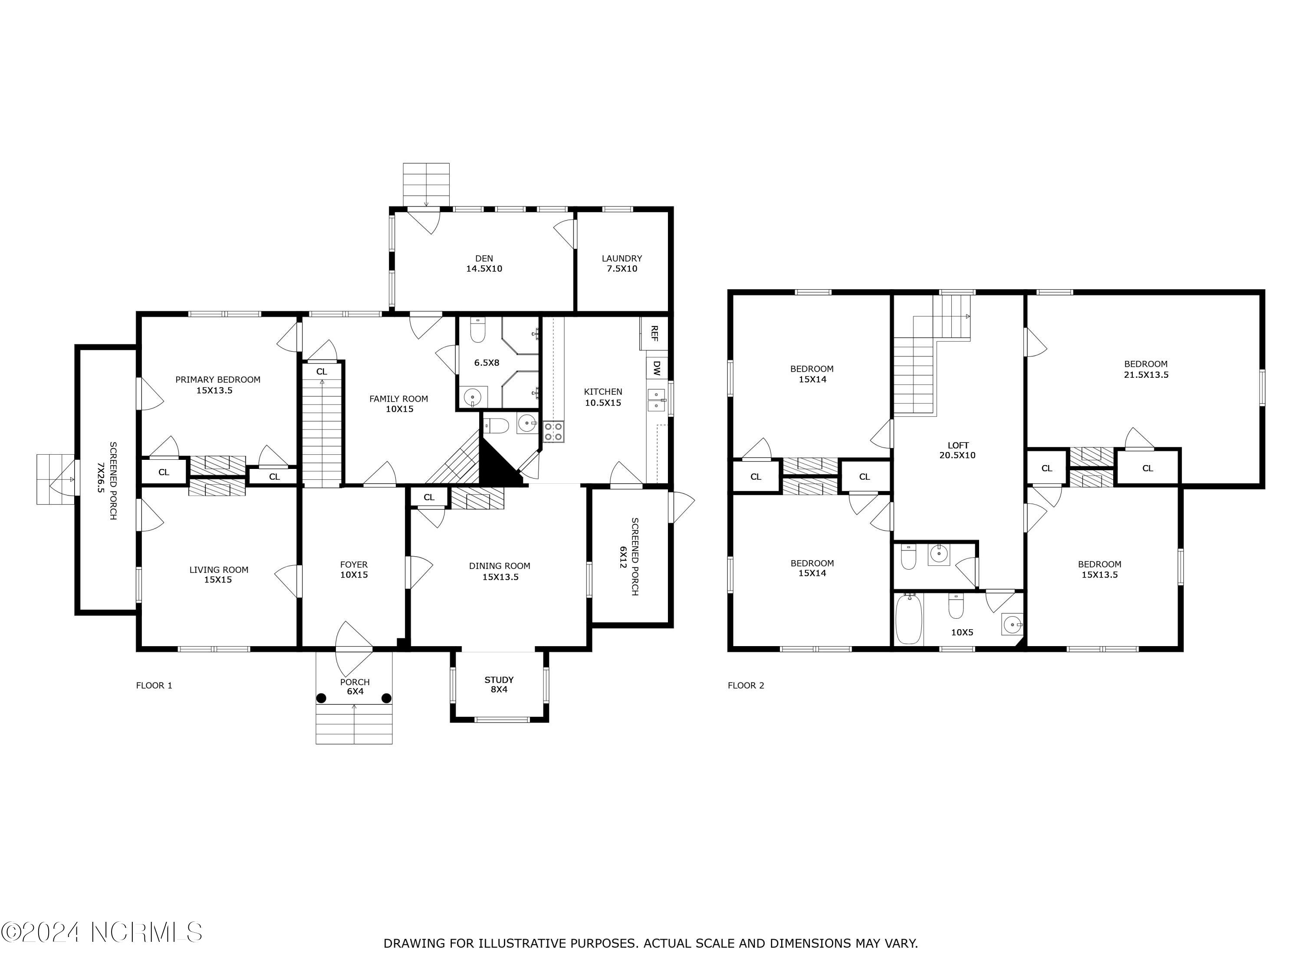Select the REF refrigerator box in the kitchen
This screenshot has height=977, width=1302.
click(654, 334)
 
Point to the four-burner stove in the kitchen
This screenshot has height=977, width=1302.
click(553, 432)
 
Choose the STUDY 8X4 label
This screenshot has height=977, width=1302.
click(499, 684)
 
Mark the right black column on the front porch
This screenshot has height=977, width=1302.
click(387, 698)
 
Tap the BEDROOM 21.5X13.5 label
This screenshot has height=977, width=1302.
click(1145, 369)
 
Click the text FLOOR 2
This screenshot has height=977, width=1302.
click(746, 685)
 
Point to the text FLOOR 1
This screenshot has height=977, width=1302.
click(154, 685)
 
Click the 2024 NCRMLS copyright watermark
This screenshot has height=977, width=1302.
click(102, 932)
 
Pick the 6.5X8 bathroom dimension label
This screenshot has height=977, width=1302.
click(487, 363)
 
